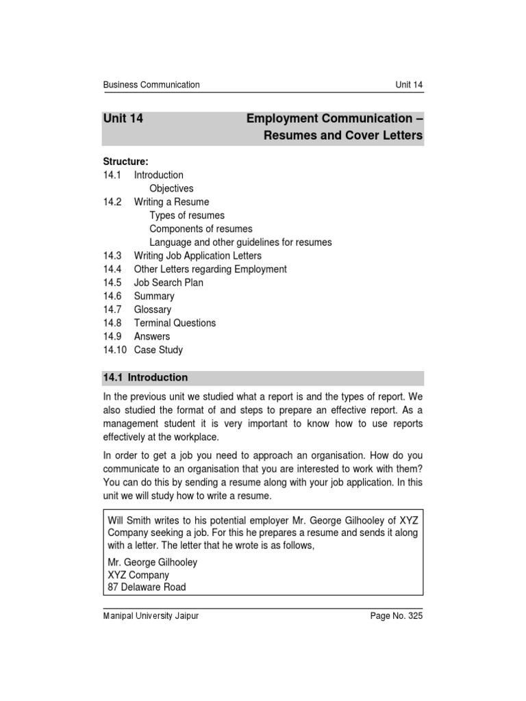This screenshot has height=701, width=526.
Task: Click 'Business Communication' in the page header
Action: (151, 85)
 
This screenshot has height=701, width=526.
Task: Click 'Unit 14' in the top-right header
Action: (409, 85)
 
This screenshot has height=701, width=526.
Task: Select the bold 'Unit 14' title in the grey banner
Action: (123, 118)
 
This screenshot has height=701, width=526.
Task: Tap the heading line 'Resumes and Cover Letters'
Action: (343, 136)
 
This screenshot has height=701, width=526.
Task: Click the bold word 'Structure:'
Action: (125, 162)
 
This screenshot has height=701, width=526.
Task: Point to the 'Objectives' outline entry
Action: (171, 188)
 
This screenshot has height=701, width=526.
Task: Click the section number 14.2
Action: (112, 202)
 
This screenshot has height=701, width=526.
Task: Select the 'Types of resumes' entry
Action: (187, 216)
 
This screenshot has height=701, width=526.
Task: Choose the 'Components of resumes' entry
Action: (201, 229)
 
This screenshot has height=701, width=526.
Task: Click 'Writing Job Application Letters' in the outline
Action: (198, 255)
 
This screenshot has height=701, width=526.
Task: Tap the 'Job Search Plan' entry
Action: (168, 283)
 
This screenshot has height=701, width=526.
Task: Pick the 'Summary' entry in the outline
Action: (154, 296)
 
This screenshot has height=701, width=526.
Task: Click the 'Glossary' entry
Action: (153, 309)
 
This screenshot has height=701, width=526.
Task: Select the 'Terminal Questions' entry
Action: (175, 323)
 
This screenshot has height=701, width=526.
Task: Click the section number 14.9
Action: (112, 337)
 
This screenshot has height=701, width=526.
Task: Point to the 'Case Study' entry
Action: (158, 350)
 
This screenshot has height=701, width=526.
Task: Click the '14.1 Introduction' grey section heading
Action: (145, 377)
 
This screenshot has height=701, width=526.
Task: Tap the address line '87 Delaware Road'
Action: (147, 587)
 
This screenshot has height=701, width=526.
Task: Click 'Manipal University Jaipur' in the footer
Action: (151, 616)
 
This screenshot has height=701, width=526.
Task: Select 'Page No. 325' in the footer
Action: (397, 616)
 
